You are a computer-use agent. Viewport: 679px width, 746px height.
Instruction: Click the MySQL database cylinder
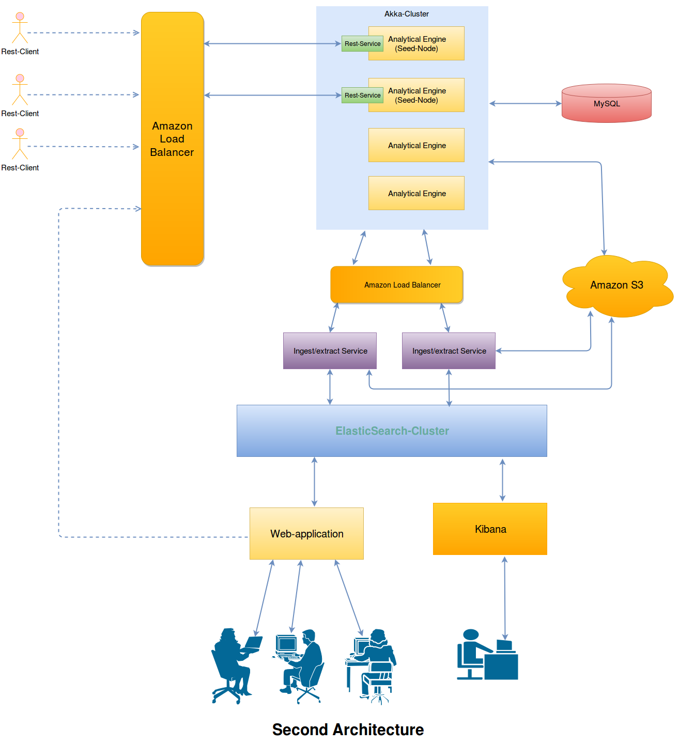pyautogui.click(x=606, y=104)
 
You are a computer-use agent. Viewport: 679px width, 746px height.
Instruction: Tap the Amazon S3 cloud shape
pyautogui.click(x=616, y=285)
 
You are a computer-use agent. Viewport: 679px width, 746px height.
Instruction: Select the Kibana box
pyautogui.click(x=490, y=529)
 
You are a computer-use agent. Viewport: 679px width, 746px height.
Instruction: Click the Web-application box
pyautogui.click(x=306, y=534)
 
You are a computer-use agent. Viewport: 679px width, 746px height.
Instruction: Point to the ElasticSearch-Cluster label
pyautogui.click(x=392, y=431)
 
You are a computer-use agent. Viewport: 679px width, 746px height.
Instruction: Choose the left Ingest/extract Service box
pyautogui.click(x=330, y=351)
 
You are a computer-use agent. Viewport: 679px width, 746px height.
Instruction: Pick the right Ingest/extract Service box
pyautogui.click(x=449, y=351)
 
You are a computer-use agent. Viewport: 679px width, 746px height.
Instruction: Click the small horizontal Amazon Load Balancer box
pyautogui.click(x=396, y=285)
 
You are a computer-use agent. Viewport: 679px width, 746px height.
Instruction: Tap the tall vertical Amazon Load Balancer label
pyautogui.click(x=172, y=139)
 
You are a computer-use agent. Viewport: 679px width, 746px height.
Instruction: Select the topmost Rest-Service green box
pyautogui.click(x=362, y=44)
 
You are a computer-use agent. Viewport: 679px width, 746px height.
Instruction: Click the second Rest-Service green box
pyautogui.click(x=362, y=96)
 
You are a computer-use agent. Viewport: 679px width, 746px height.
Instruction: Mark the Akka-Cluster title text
pyautogui.click(x=406, y=14)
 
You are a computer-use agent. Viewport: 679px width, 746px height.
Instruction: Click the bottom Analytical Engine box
pyautogui.click(x=416, y=194)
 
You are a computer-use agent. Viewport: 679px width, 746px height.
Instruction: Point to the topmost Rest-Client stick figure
pyautogui.click(x=20, y=28)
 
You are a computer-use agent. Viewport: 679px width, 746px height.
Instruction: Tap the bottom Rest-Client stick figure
pyautogui.click(x=20, y=144)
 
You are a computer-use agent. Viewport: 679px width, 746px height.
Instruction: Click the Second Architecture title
pyautogui.click(x=348, y=729)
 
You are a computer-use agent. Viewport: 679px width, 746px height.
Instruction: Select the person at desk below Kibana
pyautogui.click(x=487, y=656)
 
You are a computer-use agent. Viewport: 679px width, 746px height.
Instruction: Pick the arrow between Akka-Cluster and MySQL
pyautogui.click(x=525, y=104)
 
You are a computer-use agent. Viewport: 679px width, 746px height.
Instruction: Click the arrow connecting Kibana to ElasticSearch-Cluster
pyautogui.click(x=502, y=480)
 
